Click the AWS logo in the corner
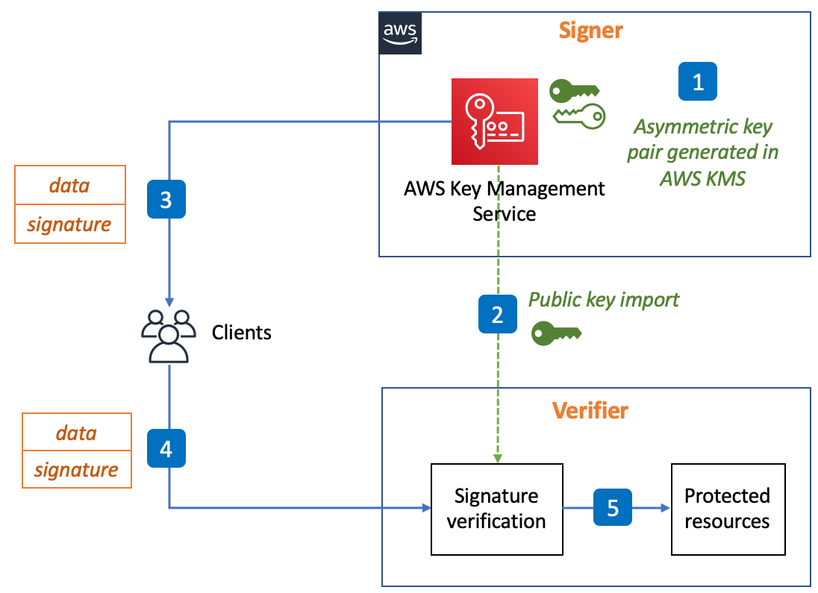[x=399, y=34]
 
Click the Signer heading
[x=590, y=31]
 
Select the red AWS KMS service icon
[x=494, y=121]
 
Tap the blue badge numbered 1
[x=697, y=81]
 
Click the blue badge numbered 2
[x=497, y=314]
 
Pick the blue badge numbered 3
[x=166, y=199]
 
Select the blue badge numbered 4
[x=166, y=448]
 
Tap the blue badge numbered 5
[x=612, y=508]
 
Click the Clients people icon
[x=168, y=335]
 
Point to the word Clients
[x=241, y=332]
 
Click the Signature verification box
[x=496, y=509]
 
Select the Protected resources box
[x=728, y=509]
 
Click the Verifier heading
[x=590, y=410]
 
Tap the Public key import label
[x=604, y=299]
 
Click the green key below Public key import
[x=556, y=333]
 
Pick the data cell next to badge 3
[x=69, y=185]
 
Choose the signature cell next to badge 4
[x=76, y=470]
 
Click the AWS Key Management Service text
[x=504, y=201]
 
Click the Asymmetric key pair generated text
[x=702, y=152]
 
